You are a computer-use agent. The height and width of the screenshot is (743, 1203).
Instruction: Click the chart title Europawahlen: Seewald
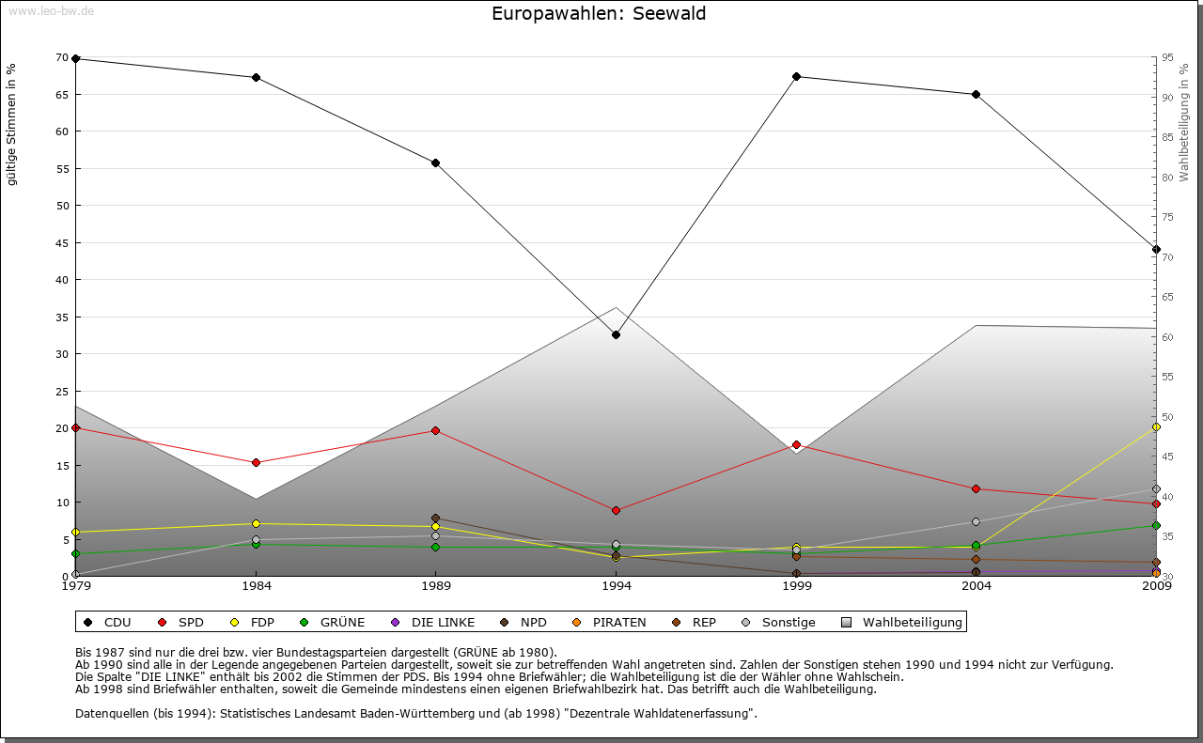[x=599, y=14]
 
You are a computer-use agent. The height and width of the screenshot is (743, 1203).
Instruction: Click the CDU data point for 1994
[x=616, y=334]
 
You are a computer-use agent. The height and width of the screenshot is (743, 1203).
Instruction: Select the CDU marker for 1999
[x=796, y=76]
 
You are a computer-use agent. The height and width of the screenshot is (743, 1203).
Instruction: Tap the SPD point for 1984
[x=256, y=462]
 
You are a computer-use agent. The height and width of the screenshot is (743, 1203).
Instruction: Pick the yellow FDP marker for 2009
[x=1156, y=426]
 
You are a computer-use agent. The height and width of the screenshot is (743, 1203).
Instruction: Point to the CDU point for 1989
[x=435, y=163]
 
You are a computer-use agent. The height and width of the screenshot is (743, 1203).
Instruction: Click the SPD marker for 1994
[x=616, y=510]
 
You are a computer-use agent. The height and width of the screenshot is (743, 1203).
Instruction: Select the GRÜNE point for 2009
[x=1156, y=525]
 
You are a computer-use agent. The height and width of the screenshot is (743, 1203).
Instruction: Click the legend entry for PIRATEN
[x=611, y=622]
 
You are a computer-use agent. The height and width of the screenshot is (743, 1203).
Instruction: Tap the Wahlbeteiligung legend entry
[x=903, y=622]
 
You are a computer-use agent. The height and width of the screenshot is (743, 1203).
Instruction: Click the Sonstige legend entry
[x=779, y=622]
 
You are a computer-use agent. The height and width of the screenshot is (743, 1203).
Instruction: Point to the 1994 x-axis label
[x=616, y=586]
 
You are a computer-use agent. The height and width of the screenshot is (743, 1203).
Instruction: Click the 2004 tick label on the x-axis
[x=976, y=586]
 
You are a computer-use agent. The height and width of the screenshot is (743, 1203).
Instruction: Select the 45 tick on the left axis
[x=62, y=242]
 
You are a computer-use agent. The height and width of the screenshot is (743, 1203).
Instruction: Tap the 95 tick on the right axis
[x=1167, y=57]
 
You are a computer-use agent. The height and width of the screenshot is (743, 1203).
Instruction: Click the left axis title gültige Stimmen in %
[x=11, y=124]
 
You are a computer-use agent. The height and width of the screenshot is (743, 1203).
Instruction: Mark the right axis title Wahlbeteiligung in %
[x=1183, y=122]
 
